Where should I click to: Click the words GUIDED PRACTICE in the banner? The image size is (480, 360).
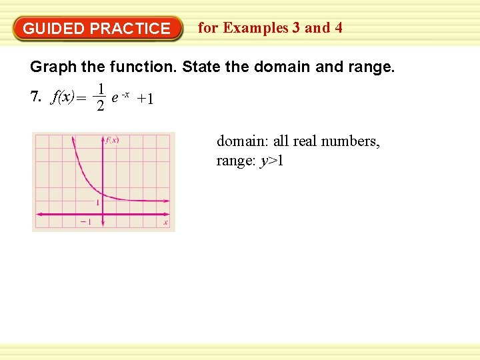[x=97, y=29]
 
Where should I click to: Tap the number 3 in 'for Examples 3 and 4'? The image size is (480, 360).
[x=294, y=28]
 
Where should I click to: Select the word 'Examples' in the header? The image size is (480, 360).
[x=255, y=28]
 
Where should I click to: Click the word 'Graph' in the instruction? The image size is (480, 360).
[x=53, y=67]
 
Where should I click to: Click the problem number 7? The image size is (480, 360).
[x=35, y=98]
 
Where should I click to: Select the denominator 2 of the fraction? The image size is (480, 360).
[x=100, y=107]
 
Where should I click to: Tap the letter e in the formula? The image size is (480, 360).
[x=115, y=97]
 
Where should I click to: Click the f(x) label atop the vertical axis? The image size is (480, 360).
[x=111, y=140]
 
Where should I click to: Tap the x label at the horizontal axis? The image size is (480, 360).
[x=165, y=222]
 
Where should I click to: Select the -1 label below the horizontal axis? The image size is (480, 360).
[x=85, y=222]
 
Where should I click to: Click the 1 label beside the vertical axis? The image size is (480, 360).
[x=97, y=202]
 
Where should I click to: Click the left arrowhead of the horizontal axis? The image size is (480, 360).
[x=37, y=213]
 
